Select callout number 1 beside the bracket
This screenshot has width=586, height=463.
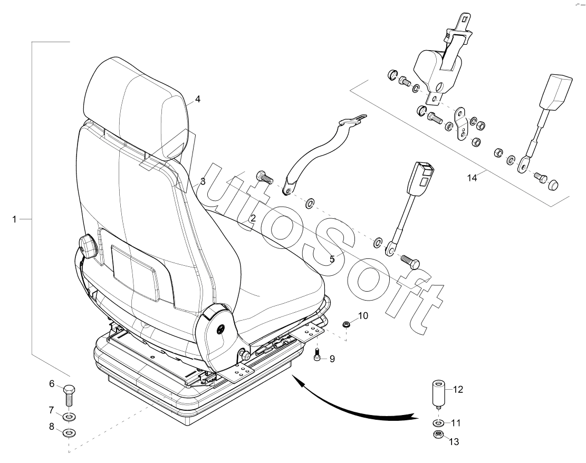click(15, 218)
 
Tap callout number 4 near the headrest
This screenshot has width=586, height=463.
click(198, 99)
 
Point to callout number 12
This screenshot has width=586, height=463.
click(457, 390)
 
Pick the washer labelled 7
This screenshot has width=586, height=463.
click(69, 418)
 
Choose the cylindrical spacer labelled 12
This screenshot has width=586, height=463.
click(438, 393)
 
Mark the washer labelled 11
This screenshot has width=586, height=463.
click(438, 423)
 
